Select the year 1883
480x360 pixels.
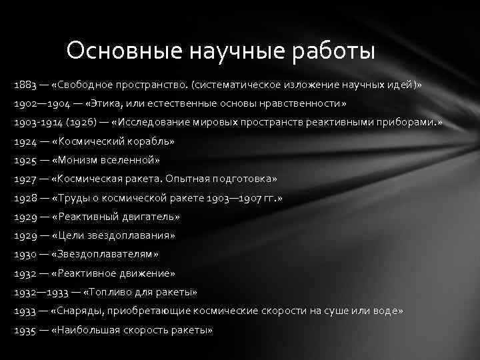pyautogui.click(x=24, y=86)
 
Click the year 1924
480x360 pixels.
pyautogui.click(x=25, y=142)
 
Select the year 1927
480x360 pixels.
pyautogui.click(x=25, y=179)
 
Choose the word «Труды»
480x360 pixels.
pyautogui.click(x=77, y=198)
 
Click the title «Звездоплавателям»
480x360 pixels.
pyautogui.click(x=107, y=254)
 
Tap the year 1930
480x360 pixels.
pyautogui.click(x=25, y=254)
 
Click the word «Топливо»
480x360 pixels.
pyautogui.click(x=110, y=291)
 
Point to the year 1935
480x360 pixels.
pyautogui.click(x=25, y=329)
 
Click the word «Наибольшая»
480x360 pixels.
pyautogui.click(x=91, y=329)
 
